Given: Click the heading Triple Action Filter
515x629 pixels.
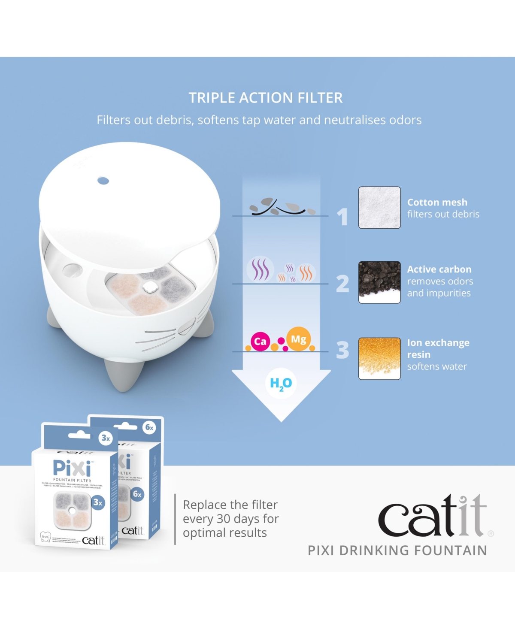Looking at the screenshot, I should click(266, 98).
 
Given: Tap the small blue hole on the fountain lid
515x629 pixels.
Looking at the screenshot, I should click(103, 181).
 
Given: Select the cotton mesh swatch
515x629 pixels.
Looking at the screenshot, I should click(379, 208).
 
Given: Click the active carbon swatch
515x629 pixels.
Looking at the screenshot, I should click(379, 282).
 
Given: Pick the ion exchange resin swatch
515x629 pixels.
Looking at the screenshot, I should click(379, 358).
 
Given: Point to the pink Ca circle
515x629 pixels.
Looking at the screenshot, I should click(260, 342).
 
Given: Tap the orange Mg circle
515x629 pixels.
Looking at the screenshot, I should click(298, 339).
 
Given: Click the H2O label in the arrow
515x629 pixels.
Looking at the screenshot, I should click(281, 384).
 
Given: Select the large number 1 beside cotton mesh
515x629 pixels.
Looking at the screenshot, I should click(342, 216).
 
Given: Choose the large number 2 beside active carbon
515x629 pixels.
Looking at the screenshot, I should click(342, 284).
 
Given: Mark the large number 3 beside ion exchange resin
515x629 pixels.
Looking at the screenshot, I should click(342, 350).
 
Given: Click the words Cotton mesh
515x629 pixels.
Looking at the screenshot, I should click(437, 202).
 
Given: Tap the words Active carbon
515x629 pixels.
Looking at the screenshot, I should click(439, 269).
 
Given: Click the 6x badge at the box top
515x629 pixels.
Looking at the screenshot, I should click(149, 427).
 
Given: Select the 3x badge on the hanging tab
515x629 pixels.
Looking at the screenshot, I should click(106, 438).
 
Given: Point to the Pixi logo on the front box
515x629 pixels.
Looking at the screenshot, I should click(72, 468).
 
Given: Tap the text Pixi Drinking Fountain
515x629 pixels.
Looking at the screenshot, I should click(397, 550).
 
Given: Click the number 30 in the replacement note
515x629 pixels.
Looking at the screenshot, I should click(224, 519).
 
